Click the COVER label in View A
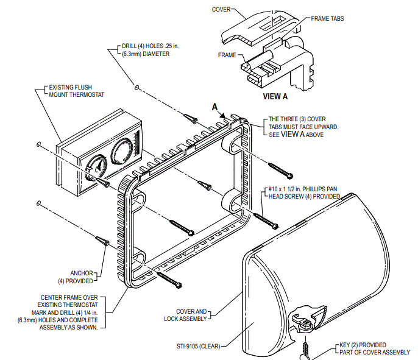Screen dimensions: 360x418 221,9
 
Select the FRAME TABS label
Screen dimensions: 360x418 327,19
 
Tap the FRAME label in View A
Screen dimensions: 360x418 227,55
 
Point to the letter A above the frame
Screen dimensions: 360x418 214,106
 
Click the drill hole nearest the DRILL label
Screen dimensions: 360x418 138,88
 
